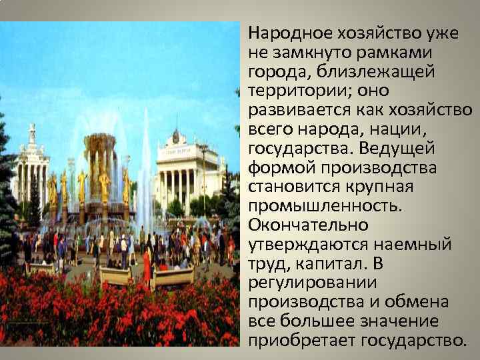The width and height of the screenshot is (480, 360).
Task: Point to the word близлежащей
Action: pyautogui.click(x=370, y=71)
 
